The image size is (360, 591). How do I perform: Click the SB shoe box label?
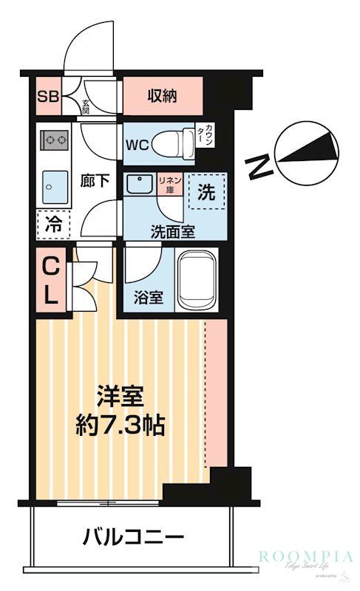(x=47, y=96)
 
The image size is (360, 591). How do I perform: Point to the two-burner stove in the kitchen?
(x=54, y=139)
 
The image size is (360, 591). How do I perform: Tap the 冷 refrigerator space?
(x=53, y=222)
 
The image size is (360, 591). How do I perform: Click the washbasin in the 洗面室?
(x=138, y=185)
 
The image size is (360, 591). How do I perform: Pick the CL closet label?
(x=50, y=280)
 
